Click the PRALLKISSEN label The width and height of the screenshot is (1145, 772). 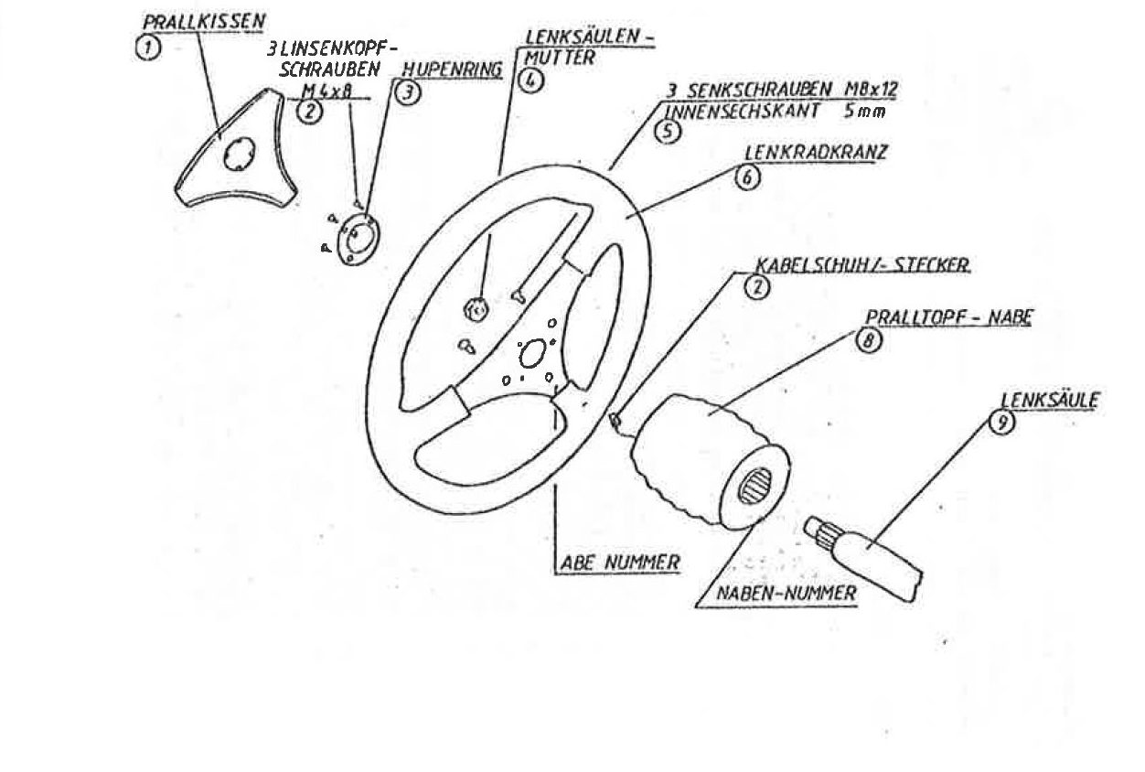(203, 21)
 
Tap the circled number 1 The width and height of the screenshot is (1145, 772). (148, 48)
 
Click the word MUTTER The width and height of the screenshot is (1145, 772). (560, 58)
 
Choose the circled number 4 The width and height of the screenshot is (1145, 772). (530, 80)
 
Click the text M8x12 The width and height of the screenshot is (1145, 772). (871, 90)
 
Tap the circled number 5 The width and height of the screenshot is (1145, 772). (669, 131)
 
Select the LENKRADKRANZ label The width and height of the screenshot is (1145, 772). (816, 153)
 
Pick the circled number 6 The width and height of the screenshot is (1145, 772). (747, 177)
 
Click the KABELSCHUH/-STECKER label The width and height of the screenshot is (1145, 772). (862, 265)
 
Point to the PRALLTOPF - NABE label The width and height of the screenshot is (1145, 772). (948, 317)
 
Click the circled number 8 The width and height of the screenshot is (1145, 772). (869, 340)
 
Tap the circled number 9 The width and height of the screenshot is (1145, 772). (1002, 423)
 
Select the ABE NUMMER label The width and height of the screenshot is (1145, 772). (620, 563)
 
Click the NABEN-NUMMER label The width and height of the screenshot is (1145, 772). (787, 593)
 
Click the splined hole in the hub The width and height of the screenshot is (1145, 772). (754, 486)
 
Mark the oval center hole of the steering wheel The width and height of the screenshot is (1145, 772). (532, 353)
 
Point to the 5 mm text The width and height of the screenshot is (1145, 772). (865, 112)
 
